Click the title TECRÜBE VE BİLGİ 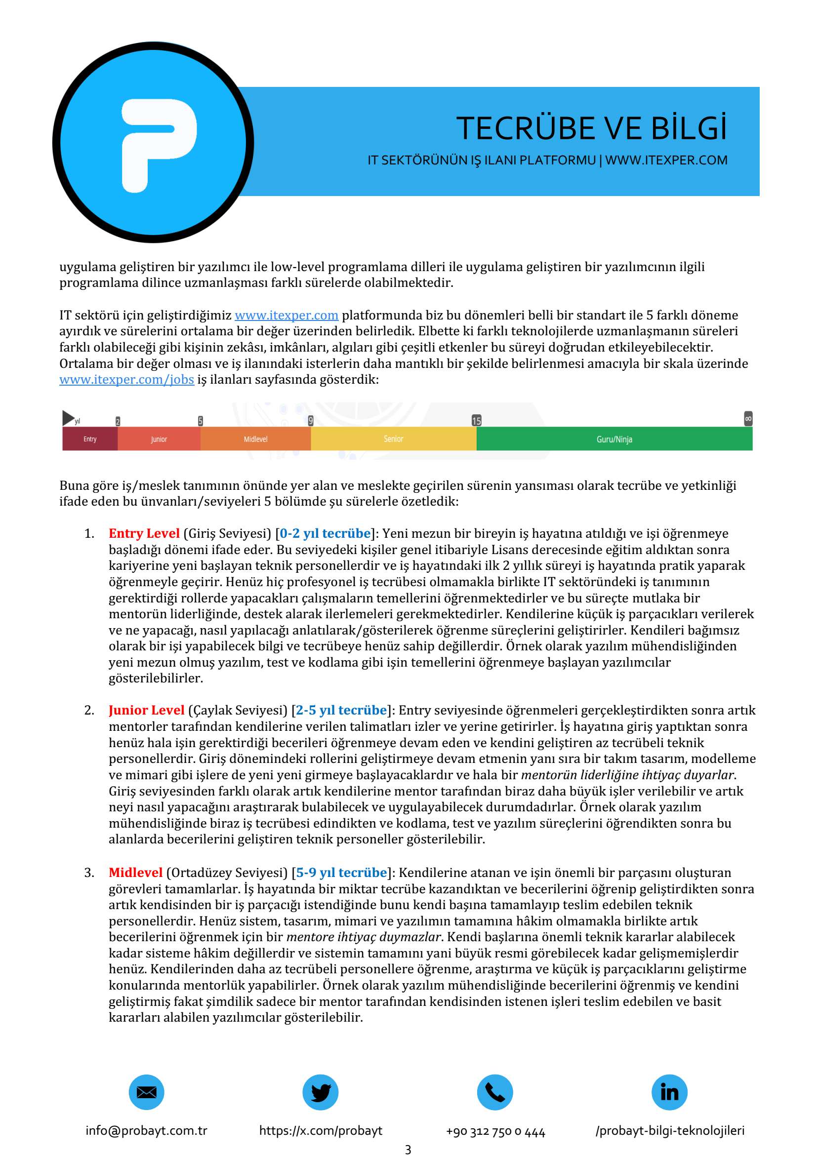point(591,128)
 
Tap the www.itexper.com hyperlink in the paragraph point(286,316)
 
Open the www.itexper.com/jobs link point(126,379)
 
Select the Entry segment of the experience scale point(90,438)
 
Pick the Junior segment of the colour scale point(159,438)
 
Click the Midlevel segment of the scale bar point(255,438)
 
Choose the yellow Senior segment point(393,438)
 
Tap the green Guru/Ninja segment point(614,438)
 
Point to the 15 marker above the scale point(476,421)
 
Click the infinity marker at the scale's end point(748,419)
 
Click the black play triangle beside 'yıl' point(68,418)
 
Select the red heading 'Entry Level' point(144,533)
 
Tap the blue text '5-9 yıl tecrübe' point(341,872)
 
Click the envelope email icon point(146,1092)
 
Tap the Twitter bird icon point(321,1092)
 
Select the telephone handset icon point(495,1092)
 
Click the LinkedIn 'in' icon point(670,1092)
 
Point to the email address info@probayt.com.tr point(146,1130)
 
